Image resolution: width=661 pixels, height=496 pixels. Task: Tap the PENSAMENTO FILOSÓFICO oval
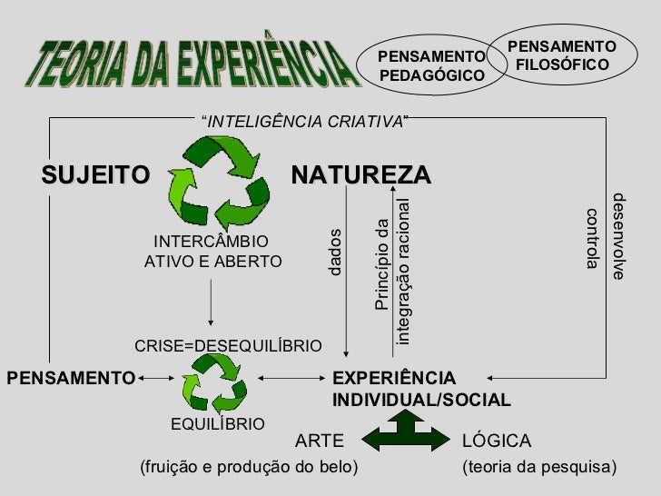[x=561, y=55]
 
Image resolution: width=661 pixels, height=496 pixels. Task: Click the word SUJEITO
[x=94, y=174]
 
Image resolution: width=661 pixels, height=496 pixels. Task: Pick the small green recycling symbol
[x=212, y=381]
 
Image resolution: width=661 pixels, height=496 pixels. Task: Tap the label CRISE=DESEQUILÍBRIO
[x=228, y=346]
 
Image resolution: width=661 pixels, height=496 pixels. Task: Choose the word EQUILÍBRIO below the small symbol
[x=218, y=424]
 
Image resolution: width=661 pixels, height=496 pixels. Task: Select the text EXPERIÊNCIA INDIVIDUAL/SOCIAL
[x=421, y=389]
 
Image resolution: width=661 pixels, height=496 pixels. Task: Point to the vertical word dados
[x=335, y=252]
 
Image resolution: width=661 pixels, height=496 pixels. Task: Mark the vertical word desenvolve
[x=619, y=236]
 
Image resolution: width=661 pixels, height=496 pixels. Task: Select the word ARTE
[x=321, y=441]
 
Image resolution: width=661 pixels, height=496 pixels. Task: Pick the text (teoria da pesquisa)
[x=538, y=468]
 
